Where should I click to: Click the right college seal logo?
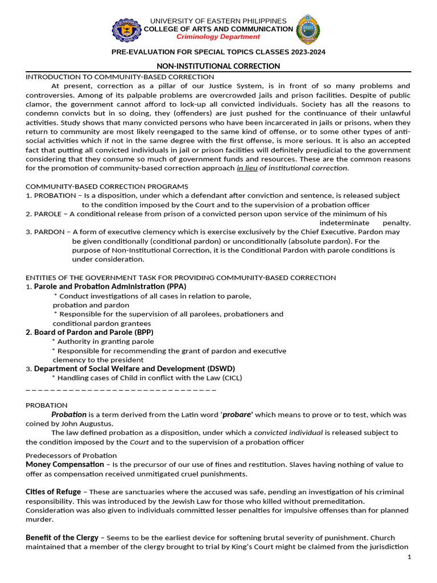coord(308,30)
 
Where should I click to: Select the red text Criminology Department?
coord(218,36)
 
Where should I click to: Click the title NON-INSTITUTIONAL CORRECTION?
coord(218,66)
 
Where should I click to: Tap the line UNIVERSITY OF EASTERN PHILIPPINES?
coord(218,21)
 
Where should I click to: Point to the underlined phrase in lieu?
coord(247,168)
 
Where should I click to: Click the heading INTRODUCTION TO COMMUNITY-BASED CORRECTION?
coord(120,77)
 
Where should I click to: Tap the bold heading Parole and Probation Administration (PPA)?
coord(110,286)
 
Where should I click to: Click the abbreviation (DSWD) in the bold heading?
coord(216,368)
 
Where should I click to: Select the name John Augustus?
coord(89,424)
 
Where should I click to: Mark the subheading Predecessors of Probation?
coord(71,455)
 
